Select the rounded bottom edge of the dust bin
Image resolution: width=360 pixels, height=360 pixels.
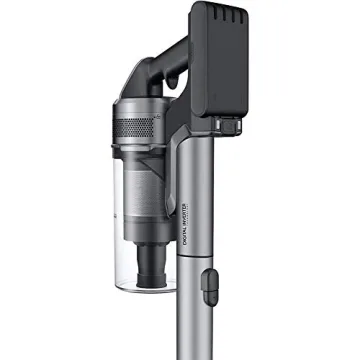pyautogui.click(x=140, y=288)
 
